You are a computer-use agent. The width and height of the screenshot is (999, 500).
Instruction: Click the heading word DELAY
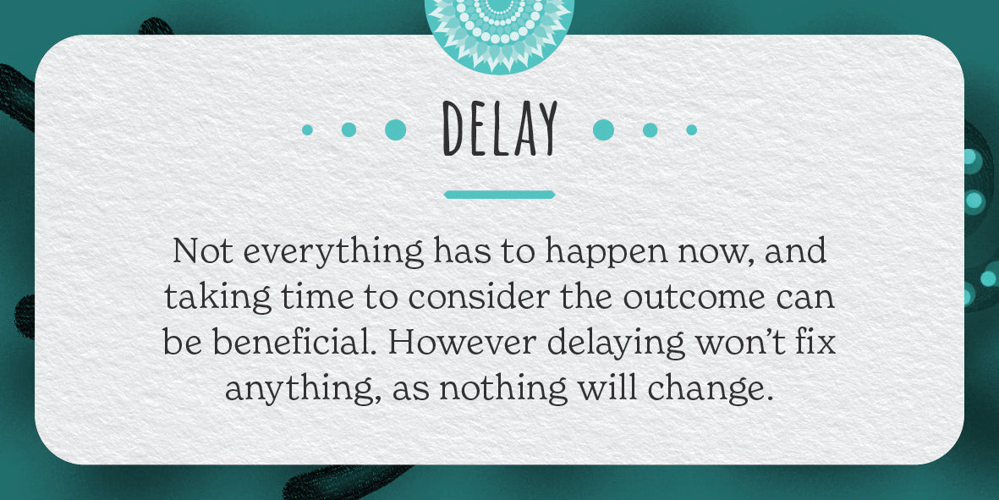499,129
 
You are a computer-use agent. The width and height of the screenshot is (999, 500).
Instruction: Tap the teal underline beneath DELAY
499,195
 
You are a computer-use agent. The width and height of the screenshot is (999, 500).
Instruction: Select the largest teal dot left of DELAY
396,129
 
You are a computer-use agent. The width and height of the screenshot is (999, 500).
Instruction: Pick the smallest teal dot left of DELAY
307,129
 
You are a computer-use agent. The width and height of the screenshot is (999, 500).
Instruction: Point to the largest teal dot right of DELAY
603,129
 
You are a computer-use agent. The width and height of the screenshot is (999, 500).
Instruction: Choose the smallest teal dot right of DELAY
691,129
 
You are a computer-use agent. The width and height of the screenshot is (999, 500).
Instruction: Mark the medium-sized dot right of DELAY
650,129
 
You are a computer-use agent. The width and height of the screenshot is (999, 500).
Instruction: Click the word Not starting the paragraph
203,251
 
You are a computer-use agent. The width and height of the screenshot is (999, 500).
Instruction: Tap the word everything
334,254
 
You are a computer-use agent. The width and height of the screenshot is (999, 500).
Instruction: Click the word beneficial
297,343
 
